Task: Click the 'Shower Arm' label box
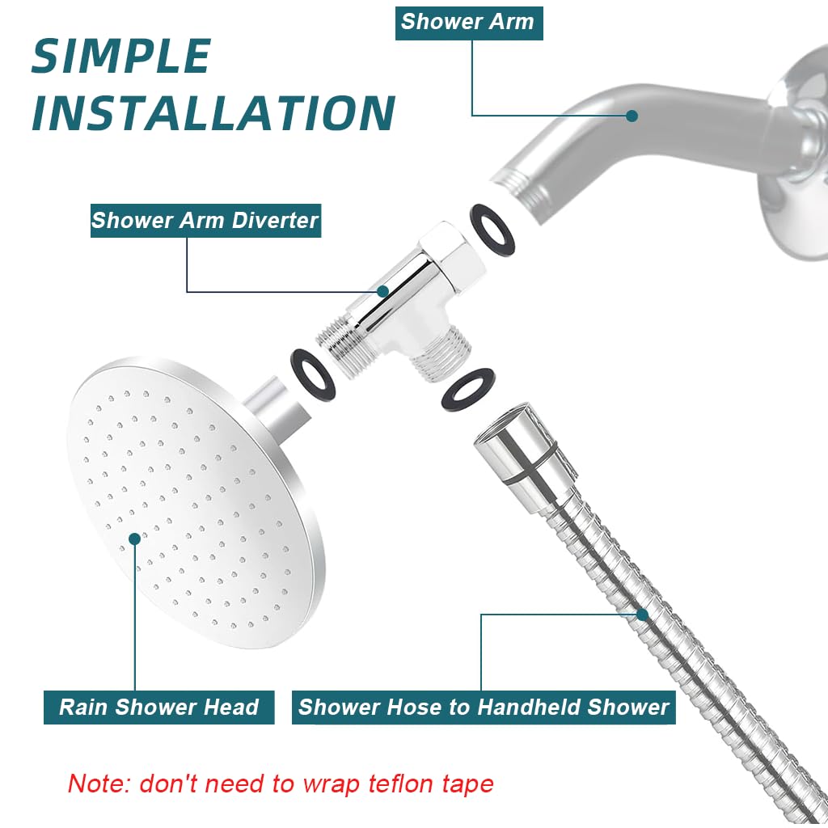click(468, 22)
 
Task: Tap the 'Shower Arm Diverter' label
click(205, 220)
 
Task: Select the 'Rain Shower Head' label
click(158, 707)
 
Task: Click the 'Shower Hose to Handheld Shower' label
click(484, 707)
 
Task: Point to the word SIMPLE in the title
click(121, 57)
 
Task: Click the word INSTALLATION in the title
click(213, 113)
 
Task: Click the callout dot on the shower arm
click(632, 116)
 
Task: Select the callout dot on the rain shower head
click(134, 537)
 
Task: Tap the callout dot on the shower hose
click(643, 615)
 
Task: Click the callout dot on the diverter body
click(383, 291)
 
